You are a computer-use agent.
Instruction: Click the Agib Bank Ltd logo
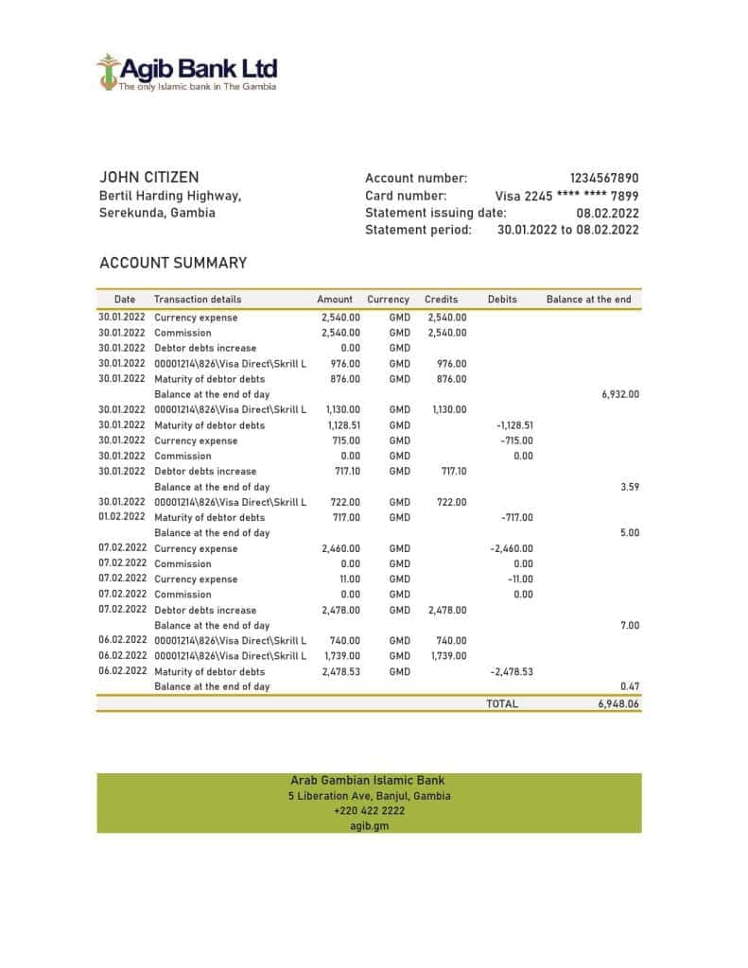[x=186, y=72]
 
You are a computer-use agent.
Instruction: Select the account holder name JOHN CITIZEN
[x=148, y=178]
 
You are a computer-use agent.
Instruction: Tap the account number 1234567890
[x=603, y=178]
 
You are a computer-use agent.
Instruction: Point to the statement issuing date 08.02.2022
[x=607, y=213]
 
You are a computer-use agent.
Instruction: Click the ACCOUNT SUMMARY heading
[x=173, y=263]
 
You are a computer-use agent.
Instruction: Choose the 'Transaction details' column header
[x=198, y=299]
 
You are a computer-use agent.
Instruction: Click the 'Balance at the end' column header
[x=588, y=299]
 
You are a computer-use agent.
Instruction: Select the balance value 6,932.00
[x=620, y=394]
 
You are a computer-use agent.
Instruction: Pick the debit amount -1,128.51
[x=514, y=425]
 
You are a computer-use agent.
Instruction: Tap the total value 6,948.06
[x=618, y=704]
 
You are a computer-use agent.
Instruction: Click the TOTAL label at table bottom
[x=502, y=704]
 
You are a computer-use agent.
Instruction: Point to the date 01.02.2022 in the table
[x=122, y=517]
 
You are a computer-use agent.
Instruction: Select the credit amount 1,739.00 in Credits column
[x=448, y=656]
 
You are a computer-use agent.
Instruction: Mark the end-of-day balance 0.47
[x=629, y=686]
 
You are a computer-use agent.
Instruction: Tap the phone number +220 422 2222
[x=369, y=811]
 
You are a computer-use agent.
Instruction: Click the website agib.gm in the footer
[x=369, y=825]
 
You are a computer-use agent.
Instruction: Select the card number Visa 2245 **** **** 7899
[x=566, y=196]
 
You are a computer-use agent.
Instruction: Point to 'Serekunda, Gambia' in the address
[x=157, y=213]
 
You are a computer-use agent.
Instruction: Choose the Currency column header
[x=388, y=299]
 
